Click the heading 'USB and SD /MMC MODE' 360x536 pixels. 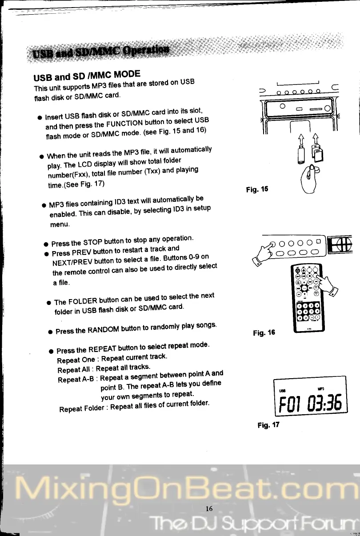[x=87, y=76]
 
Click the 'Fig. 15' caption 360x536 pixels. [x=257, y=189]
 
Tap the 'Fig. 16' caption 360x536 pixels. [x=264, y=332]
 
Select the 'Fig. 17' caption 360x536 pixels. [x=268, y=425]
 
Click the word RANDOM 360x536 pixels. [x=105, y=329]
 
